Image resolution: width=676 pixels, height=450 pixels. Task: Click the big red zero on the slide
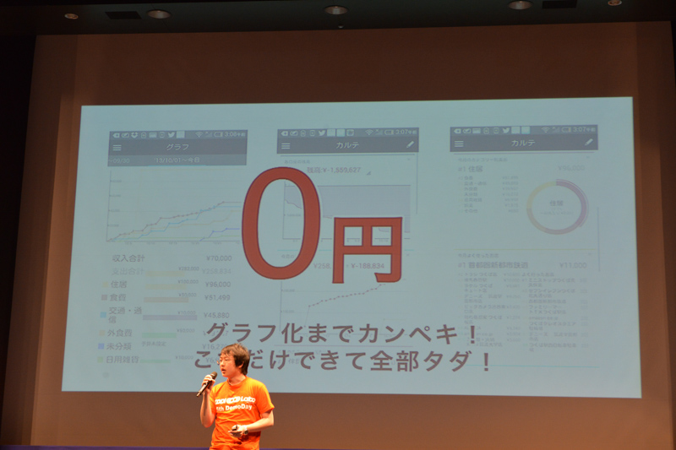(x=281, y=223)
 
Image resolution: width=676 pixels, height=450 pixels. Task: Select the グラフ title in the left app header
(x=177, y=146)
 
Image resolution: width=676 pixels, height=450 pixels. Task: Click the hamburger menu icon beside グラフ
(x=117, y=147)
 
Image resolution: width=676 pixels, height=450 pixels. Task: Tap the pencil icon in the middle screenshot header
(x=411, y=144)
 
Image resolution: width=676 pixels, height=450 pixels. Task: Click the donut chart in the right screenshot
(x=557, y=206)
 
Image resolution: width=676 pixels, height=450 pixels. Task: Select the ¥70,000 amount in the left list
(x=218, y=258)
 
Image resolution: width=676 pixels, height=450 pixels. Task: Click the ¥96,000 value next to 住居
(x=218, y=285)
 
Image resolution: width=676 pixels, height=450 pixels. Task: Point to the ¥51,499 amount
(x=217, y=297)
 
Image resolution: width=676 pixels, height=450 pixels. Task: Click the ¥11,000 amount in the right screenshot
(x=573, y=264)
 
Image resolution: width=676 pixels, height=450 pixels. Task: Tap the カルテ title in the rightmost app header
(x=523, y=143)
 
